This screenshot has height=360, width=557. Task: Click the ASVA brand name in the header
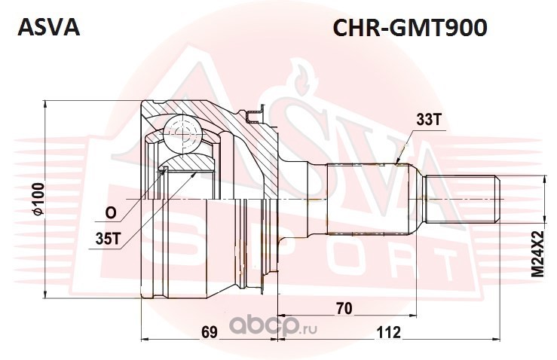pos(47,27)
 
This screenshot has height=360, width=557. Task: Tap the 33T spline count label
pos(427,120)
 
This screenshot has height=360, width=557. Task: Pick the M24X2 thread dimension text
pos(537,252)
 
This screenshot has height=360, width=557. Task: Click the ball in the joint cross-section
pos(184,130)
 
